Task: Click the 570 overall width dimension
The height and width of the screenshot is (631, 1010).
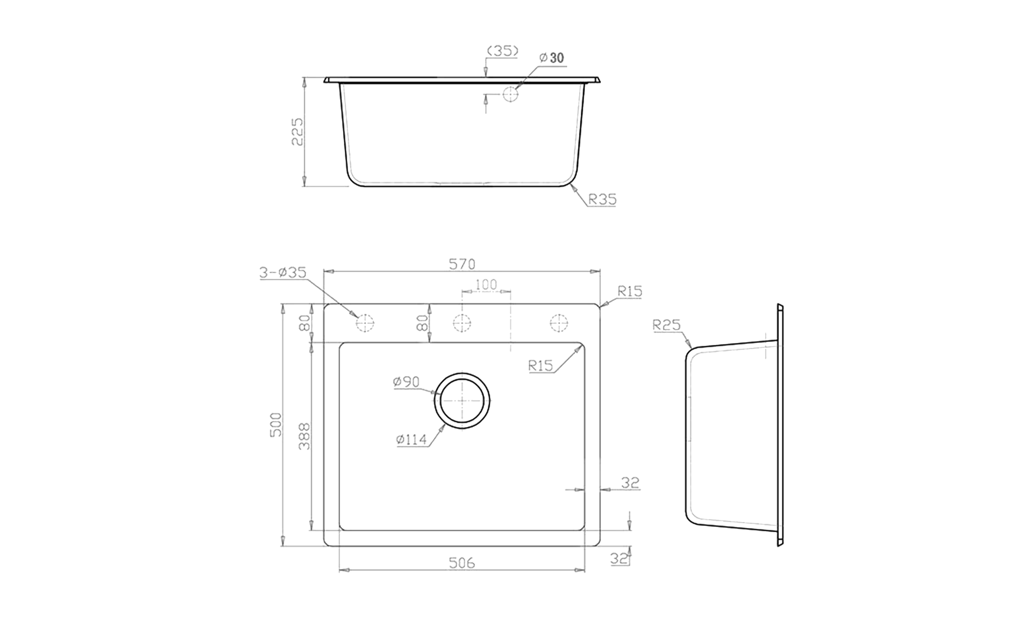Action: (462, 264)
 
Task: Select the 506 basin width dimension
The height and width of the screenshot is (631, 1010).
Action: (462, 562)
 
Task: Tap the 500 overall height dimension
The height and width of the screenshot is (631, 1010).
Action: (275, 424)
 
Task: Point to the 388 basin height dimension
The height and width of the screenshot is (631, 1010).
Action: (304, 436)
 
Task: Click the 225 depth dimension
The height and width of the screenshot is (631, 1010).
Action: (297, 132)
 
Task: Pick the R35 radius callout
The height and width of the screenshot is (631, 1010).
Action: (602, 199)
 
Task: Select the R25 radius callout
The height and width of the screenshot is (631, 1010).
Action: (667, 325)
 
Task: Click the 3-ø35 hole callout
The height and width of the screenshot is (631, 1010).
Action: (283, 273)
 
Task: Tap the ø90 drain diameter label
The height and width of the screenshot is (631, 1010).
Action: (406, 382)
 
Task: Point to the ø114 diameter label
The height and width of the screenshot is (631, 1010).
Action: (411, 440)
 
